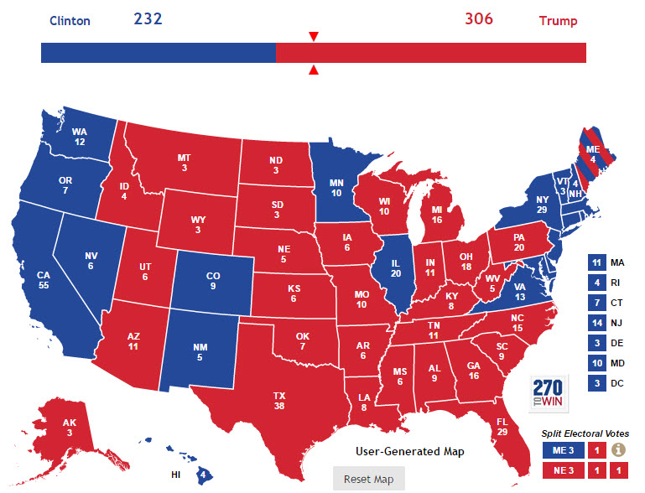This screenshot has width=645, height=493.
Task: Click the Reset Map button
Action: pyautogui.click(x=368, y=480)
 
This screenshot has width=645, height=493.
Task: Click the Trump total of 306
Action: pyautogui.click(x=479, y=18)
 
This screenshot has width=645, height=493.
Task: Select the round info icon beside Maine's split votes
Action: pyautogui.click(x=618, y=449)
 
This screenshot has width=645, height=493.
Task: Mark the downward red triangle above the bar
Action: pyautogui.click(x=314, y=36)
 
